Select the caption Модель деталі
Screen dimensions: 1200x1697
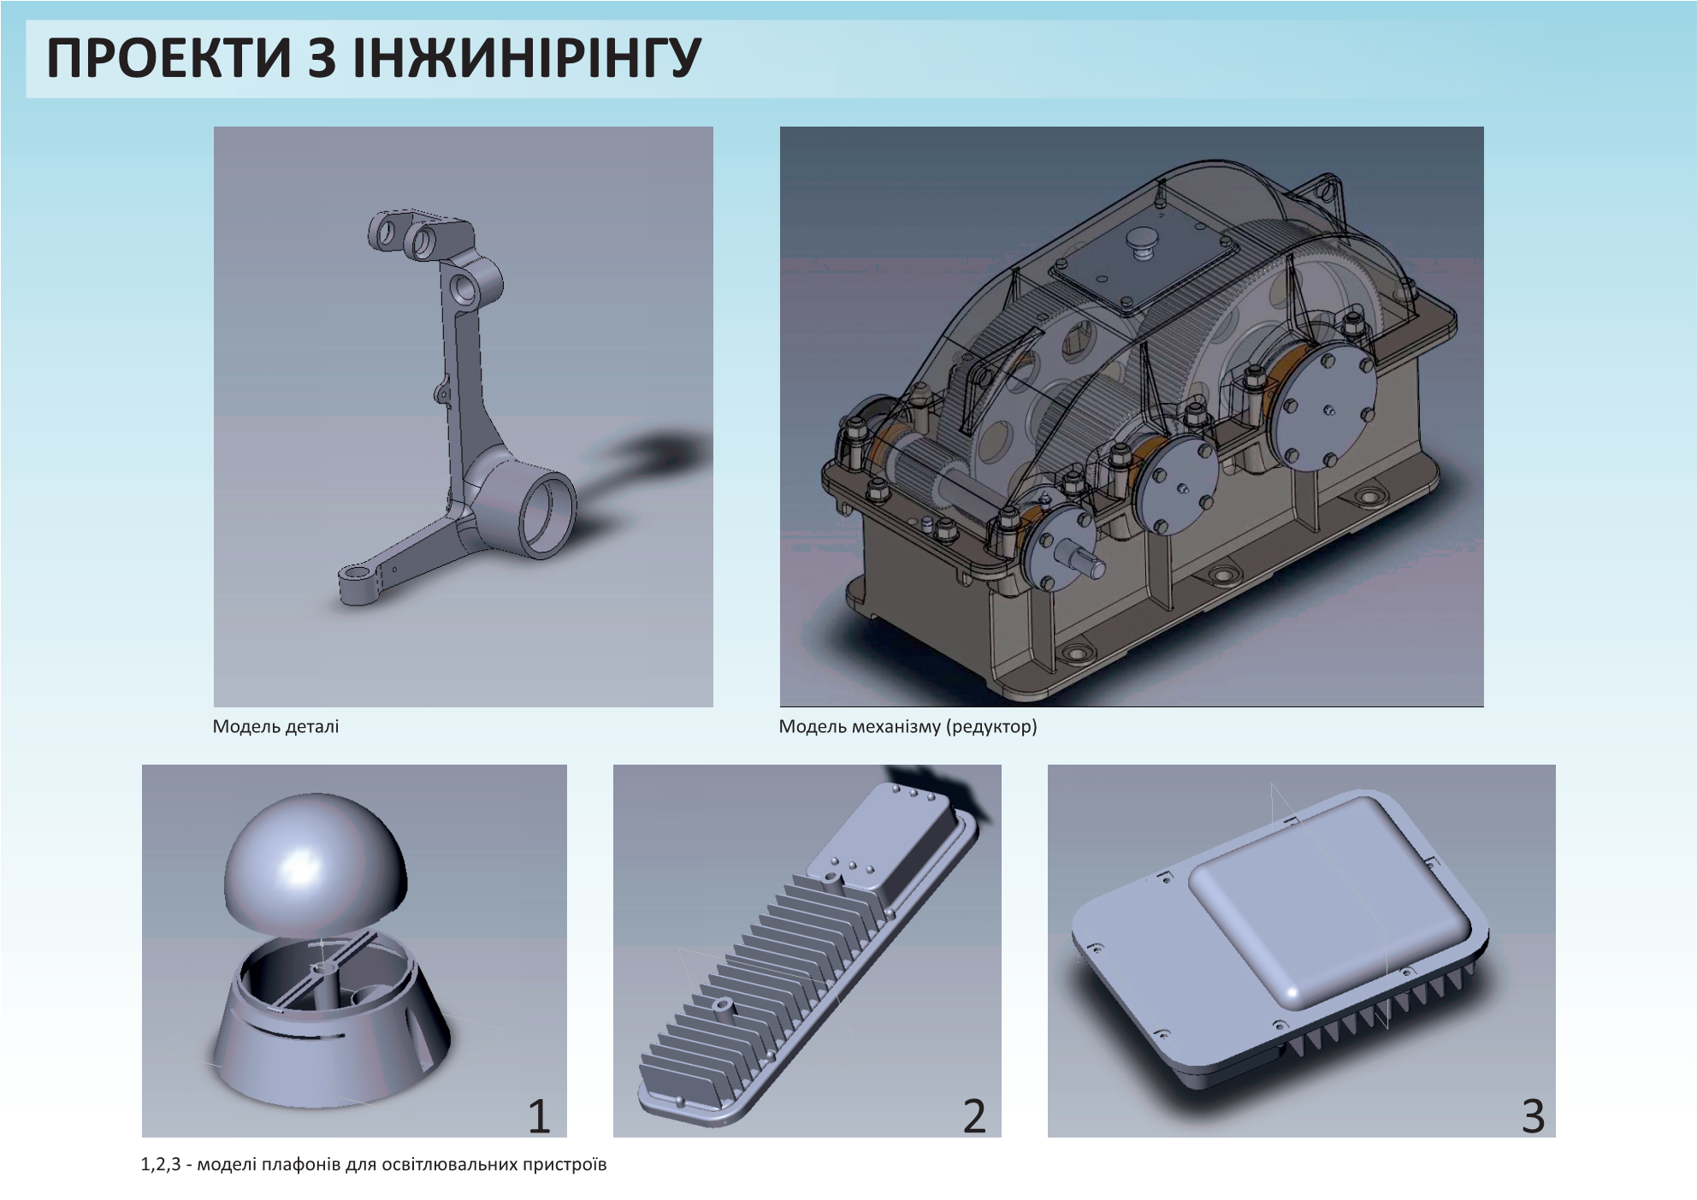coord(275,727)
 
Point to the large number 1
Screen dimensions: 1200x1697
coord(538,1116)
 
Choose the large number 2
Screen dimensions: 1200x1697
coord(974,1116)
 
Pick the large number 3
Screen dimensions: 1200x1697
coord(1533,1116)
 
